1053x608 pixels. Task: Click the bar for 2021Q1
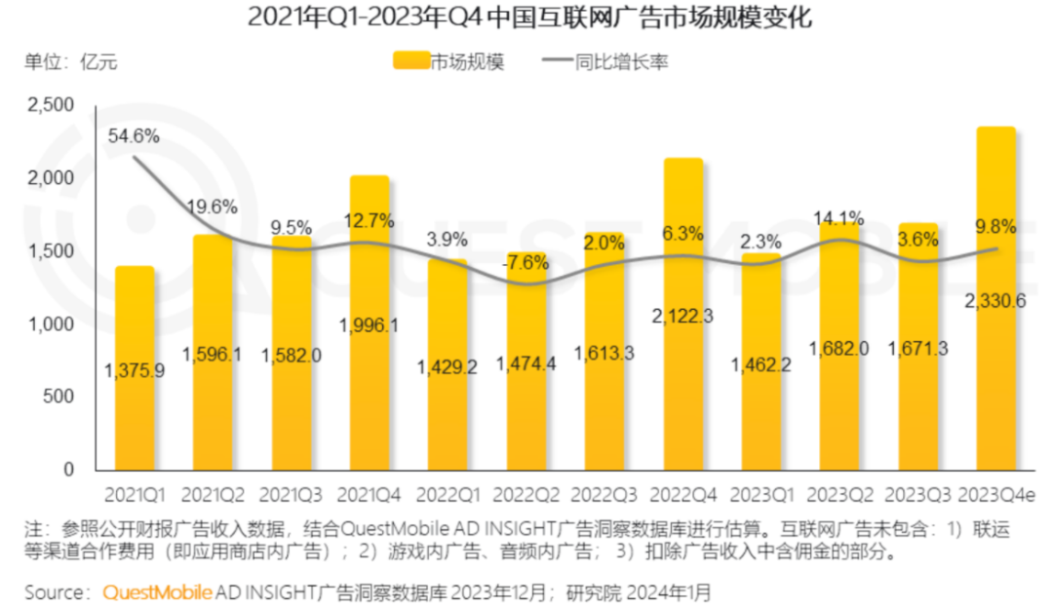(135, 370)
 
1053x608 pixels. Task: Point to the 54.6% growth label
(134, 136)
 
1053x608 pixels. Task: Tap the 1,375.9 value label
(135, 370)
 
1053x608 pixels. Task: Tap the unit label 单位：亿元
(70, 61)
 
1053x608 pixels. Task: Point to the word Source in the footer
(56, 591)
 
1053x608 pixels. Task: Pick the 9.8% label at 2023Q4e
(993, 227)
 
